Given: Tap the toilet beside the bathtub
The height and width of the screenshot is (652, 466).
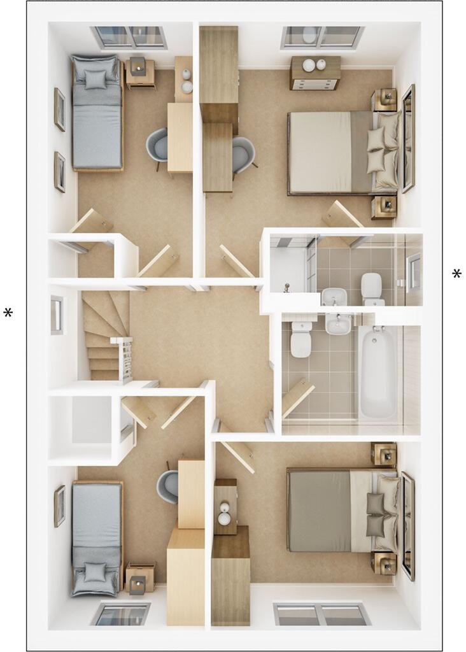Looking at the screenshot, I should [x=300, y=339].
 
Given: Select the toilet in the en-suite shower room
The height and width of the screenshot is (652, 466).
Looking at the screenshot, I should [x=371, y=288].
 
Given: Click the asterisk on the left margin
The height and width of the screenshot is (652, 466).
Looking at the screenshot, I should [x=8, y=313].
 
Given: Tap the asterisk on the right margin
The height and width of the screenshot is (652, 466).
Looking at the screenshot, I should [x=456, y=274].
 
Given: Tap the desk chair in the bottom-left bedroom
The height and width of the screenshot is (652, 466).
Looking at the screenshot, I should [x=167, y=486].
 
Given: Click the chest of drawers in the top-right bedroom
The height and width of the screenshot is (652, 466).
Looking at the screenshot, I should [x=315, y=73].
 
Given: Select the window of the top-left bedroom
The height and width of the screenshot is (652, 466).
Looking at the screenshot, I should [x=129, y=37].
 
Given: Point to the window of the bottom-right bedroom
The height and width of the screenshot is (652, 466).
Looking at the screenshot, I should [x=322, y=614].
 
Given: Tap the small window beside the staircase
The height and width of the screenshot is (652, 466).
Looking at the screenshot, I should [x=57, y=315].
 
